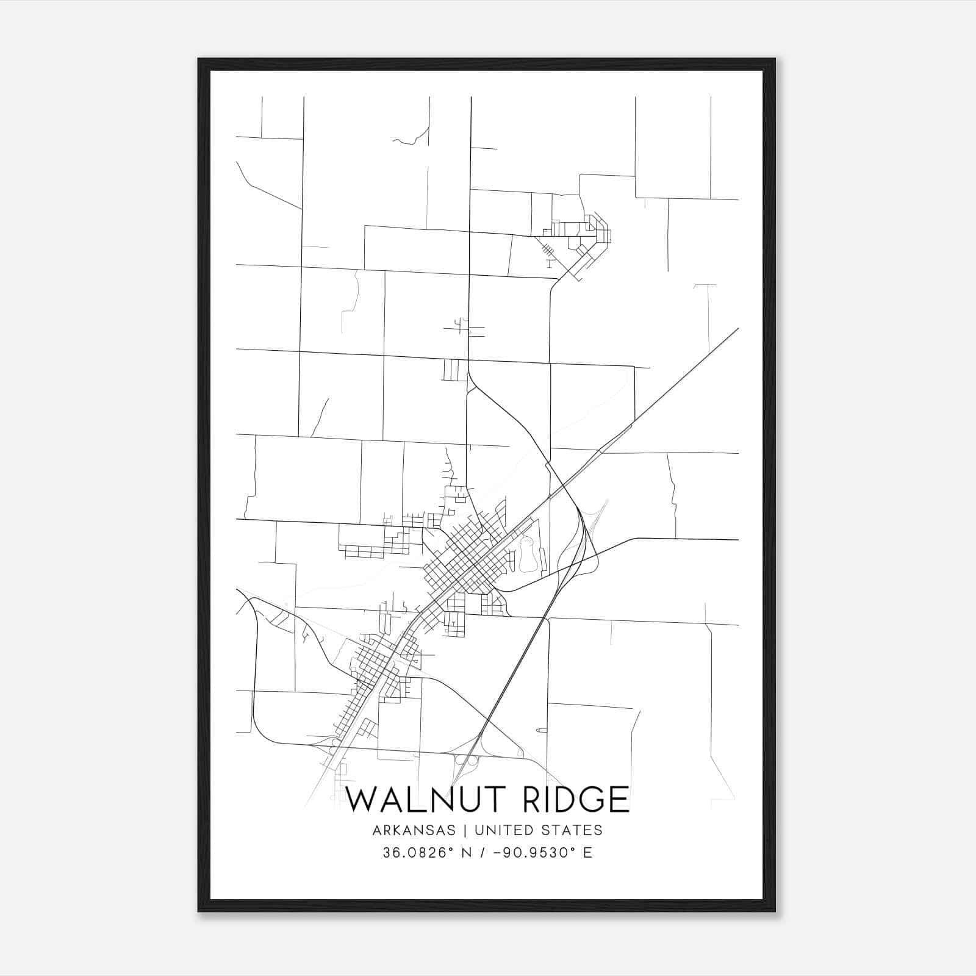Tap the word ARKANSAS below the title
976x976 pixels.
coord(412,830)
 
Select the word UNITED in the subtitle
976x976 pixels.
coord(498,830)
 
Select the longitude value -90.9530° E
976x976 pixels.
coord(545,853)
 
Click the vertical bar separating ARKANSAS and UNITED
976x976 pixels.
coord(465,830)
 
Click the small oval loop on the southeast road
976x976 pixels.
coord(541,730)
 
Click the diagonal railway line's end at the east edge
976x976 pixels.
coord(737,329)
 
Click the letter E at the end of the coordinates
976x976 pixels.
coord(588,853)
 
